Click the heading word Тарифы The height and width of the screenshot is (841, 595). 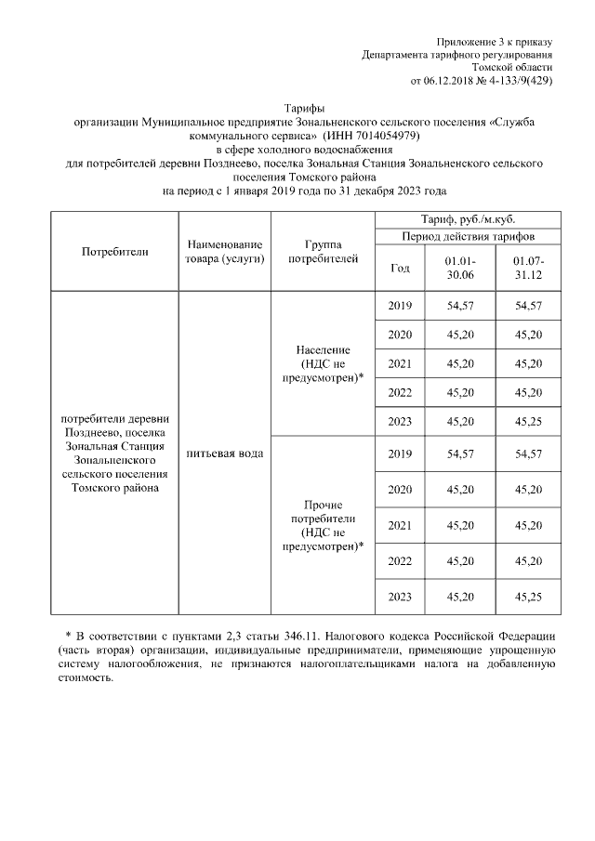pyautogui.click(x=305, y=109)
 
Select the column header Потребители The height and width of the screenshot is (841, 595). pyautogui.click(x=114, y=251)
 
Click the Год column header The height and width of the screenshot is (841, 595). pyautogui.click(x=400, y=269)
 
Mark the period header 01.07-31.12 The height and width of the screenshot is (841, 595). pyautogui.click(x=528, y=269)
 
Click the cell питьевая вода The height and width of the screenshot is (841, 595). pyautogui.click(x=224, y=453)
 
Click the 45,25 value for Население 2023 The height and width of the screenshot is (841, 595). pyautogui.click(x=528, y=421)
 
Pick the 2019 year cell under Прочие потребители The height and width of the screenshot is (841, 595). pyautogui.click(x=400, y=453)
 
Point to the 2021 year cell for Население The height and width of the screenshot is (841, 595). pyautogui.click(x=400, y=363)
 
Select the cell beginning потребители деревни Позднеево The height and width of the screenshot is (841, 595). pyautogui.click(x=114, y=453)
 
